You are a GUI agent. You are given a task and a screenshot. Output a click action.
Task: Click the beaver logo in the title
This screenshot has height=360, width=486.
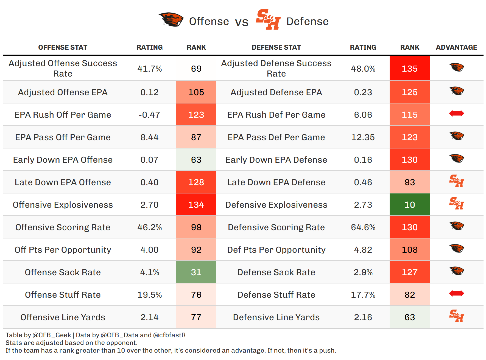click(171, 20)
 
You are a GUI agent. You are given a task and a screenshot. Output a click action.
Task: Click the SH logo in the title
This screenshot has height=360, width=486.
click(268, 19)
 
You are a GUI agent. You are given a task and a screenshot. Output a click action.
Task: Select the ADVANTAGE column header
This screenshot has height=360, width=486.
click(456, 47)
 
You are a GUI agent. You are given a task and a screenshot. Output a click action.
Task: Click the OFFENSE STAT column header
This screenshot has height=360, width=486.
click(63, 47)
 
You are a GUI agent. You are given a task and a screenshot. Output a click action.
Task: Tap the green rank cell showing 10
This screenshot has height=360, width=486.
click(409, 205)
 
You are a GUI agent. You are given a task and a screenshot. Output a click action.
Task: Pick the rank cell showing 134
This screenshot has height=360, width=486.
click(196, 205)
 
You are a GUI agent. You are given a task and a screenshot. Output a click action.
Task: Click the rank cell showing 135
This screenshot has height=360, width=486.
click(409, 69)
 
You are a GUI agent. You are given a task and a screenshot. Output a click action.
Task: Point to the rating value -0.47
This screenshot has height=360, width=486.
click(149, 115)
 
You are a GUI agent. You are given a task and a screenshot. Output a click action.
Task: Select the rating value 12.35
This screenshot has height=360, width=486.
click(363, 137)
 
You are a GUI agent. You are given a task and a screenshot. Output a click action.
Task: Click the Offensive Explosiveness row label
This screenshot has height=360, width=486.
click(63, 205)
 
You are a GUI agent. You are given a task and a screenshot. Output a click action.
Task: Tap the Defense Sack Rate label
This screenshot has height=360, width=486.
click(276, 272)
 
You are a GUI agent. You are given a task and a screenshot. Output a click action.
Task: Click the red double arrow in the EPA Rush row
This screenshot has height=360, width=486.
click(456, 113)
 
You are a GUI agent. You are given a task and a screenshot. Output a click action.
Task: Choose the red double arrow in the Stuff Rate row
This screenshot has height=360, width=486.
click(456, 293)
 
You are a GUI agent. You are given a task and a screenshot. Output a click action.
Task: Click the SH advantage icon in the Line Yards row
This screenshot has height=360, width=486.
click(456, 316)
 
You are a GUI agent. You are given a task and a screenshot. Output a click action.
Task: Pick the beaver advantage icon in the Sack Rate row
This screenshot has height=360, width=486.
click(456, 271)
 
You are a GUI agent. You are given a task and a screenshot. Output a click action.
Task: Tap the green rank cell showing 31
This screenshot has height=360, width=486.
click(196, 272)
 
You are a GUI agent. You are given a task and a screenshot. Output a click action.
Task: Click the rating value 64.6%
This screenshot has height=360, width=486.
click(363, 227)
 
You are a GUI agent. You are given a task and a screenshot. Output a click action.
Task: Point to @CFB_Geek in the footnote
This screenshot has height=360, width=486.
click(52, 335)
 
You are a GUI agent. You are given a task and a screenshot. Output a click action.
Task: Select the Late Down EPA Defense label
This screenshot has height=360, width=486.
click(276, 182)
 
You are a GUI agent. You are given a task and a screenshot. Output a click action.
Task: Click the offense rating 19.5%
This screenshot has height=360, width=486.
click(149, 295)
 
